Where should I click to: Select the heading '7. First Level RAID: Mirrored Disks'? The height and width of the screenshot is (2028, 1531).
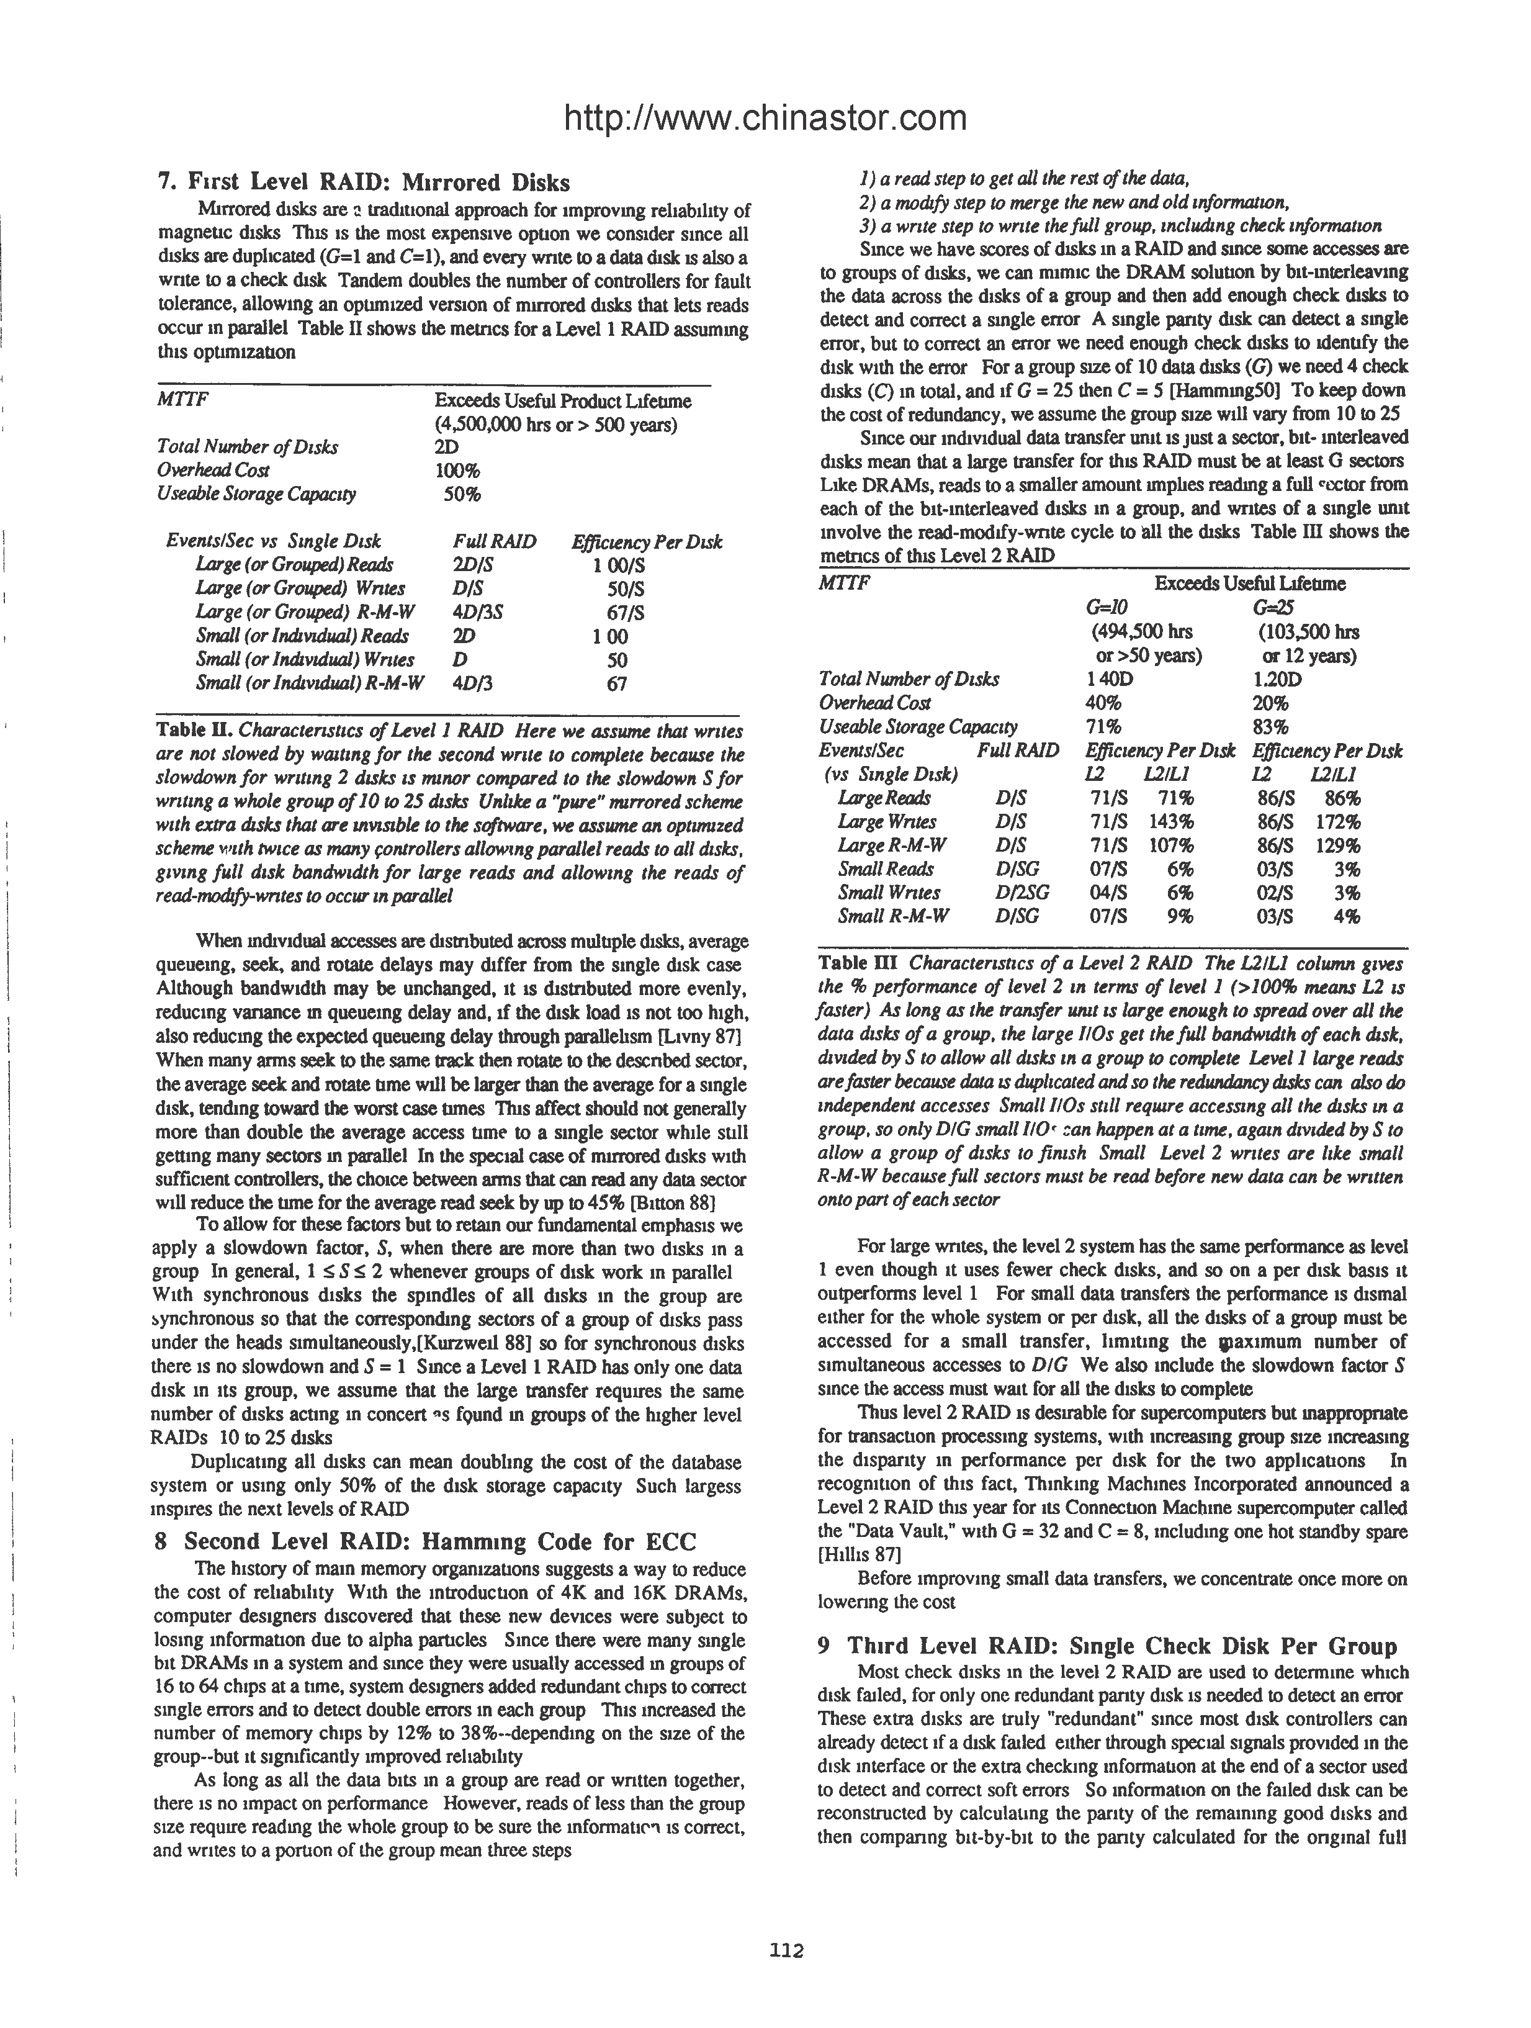click(x=364, y=183)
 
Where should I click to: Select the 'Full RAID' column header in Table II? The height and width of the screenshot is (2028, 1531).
click(x=494, y=542)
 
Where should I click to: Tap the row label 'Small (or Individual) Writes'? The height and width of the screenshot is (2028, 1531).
click(x=304, y=659)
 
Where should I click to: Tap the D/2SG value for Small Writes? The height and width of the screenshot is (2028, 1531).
click(x=1021, y=892)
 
